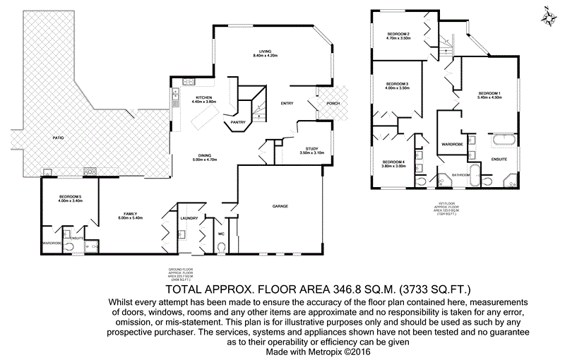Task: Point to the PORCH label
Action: (x=333, y=103)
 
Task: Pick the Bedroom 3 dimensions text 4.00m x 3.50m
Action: (x=398, y=88)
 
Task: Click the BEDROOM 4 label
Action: (x=393, y=162)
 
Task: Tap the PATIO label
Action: (x=49, y=138)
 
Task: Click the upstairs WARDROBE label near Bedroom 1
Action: (x=452, y=144)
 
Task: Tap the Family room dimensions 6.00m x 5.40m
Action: (x=130, y=218)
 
